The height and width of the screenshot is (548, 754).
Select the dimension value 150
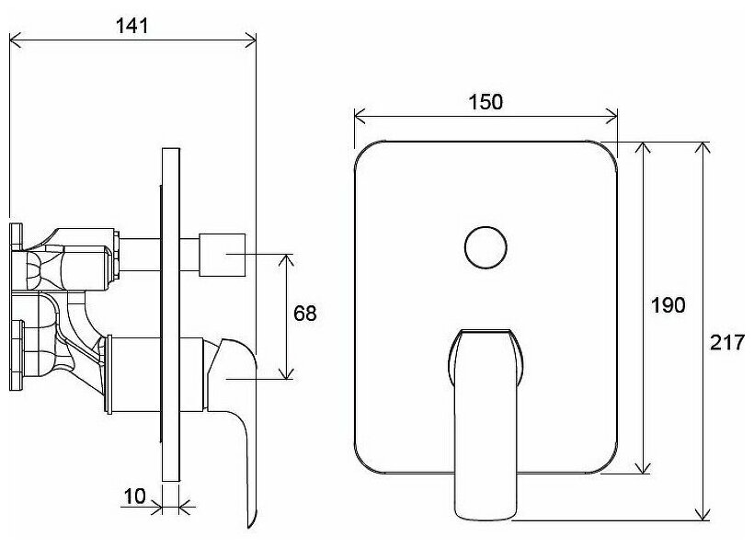coord(486,102)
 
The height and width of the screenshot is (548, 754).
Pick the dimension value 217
coord(728,343)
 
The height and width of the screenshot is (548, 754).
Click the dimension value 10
coord(134,497)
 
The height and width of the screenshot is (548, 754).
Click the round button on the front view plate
coord(485,246)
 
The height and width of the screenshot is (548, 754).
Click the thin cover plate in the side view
coord(170,313)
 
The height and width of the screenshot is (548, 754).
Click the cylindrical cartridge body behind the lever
coord(156,372)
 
